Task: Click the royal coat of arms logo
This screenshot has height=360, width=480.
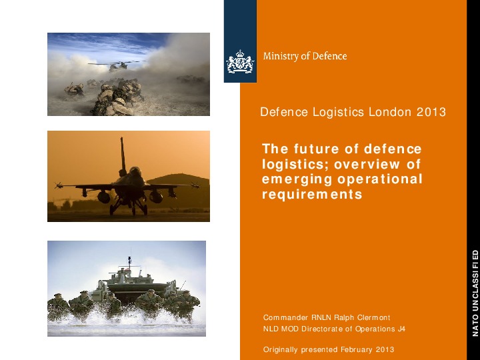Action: (x=240, y=64)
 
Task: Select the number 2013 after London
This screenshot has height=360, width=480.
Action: (x=431, y=112)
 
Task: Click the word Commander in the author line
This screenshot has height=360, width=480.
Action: (x=287, y=317)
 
